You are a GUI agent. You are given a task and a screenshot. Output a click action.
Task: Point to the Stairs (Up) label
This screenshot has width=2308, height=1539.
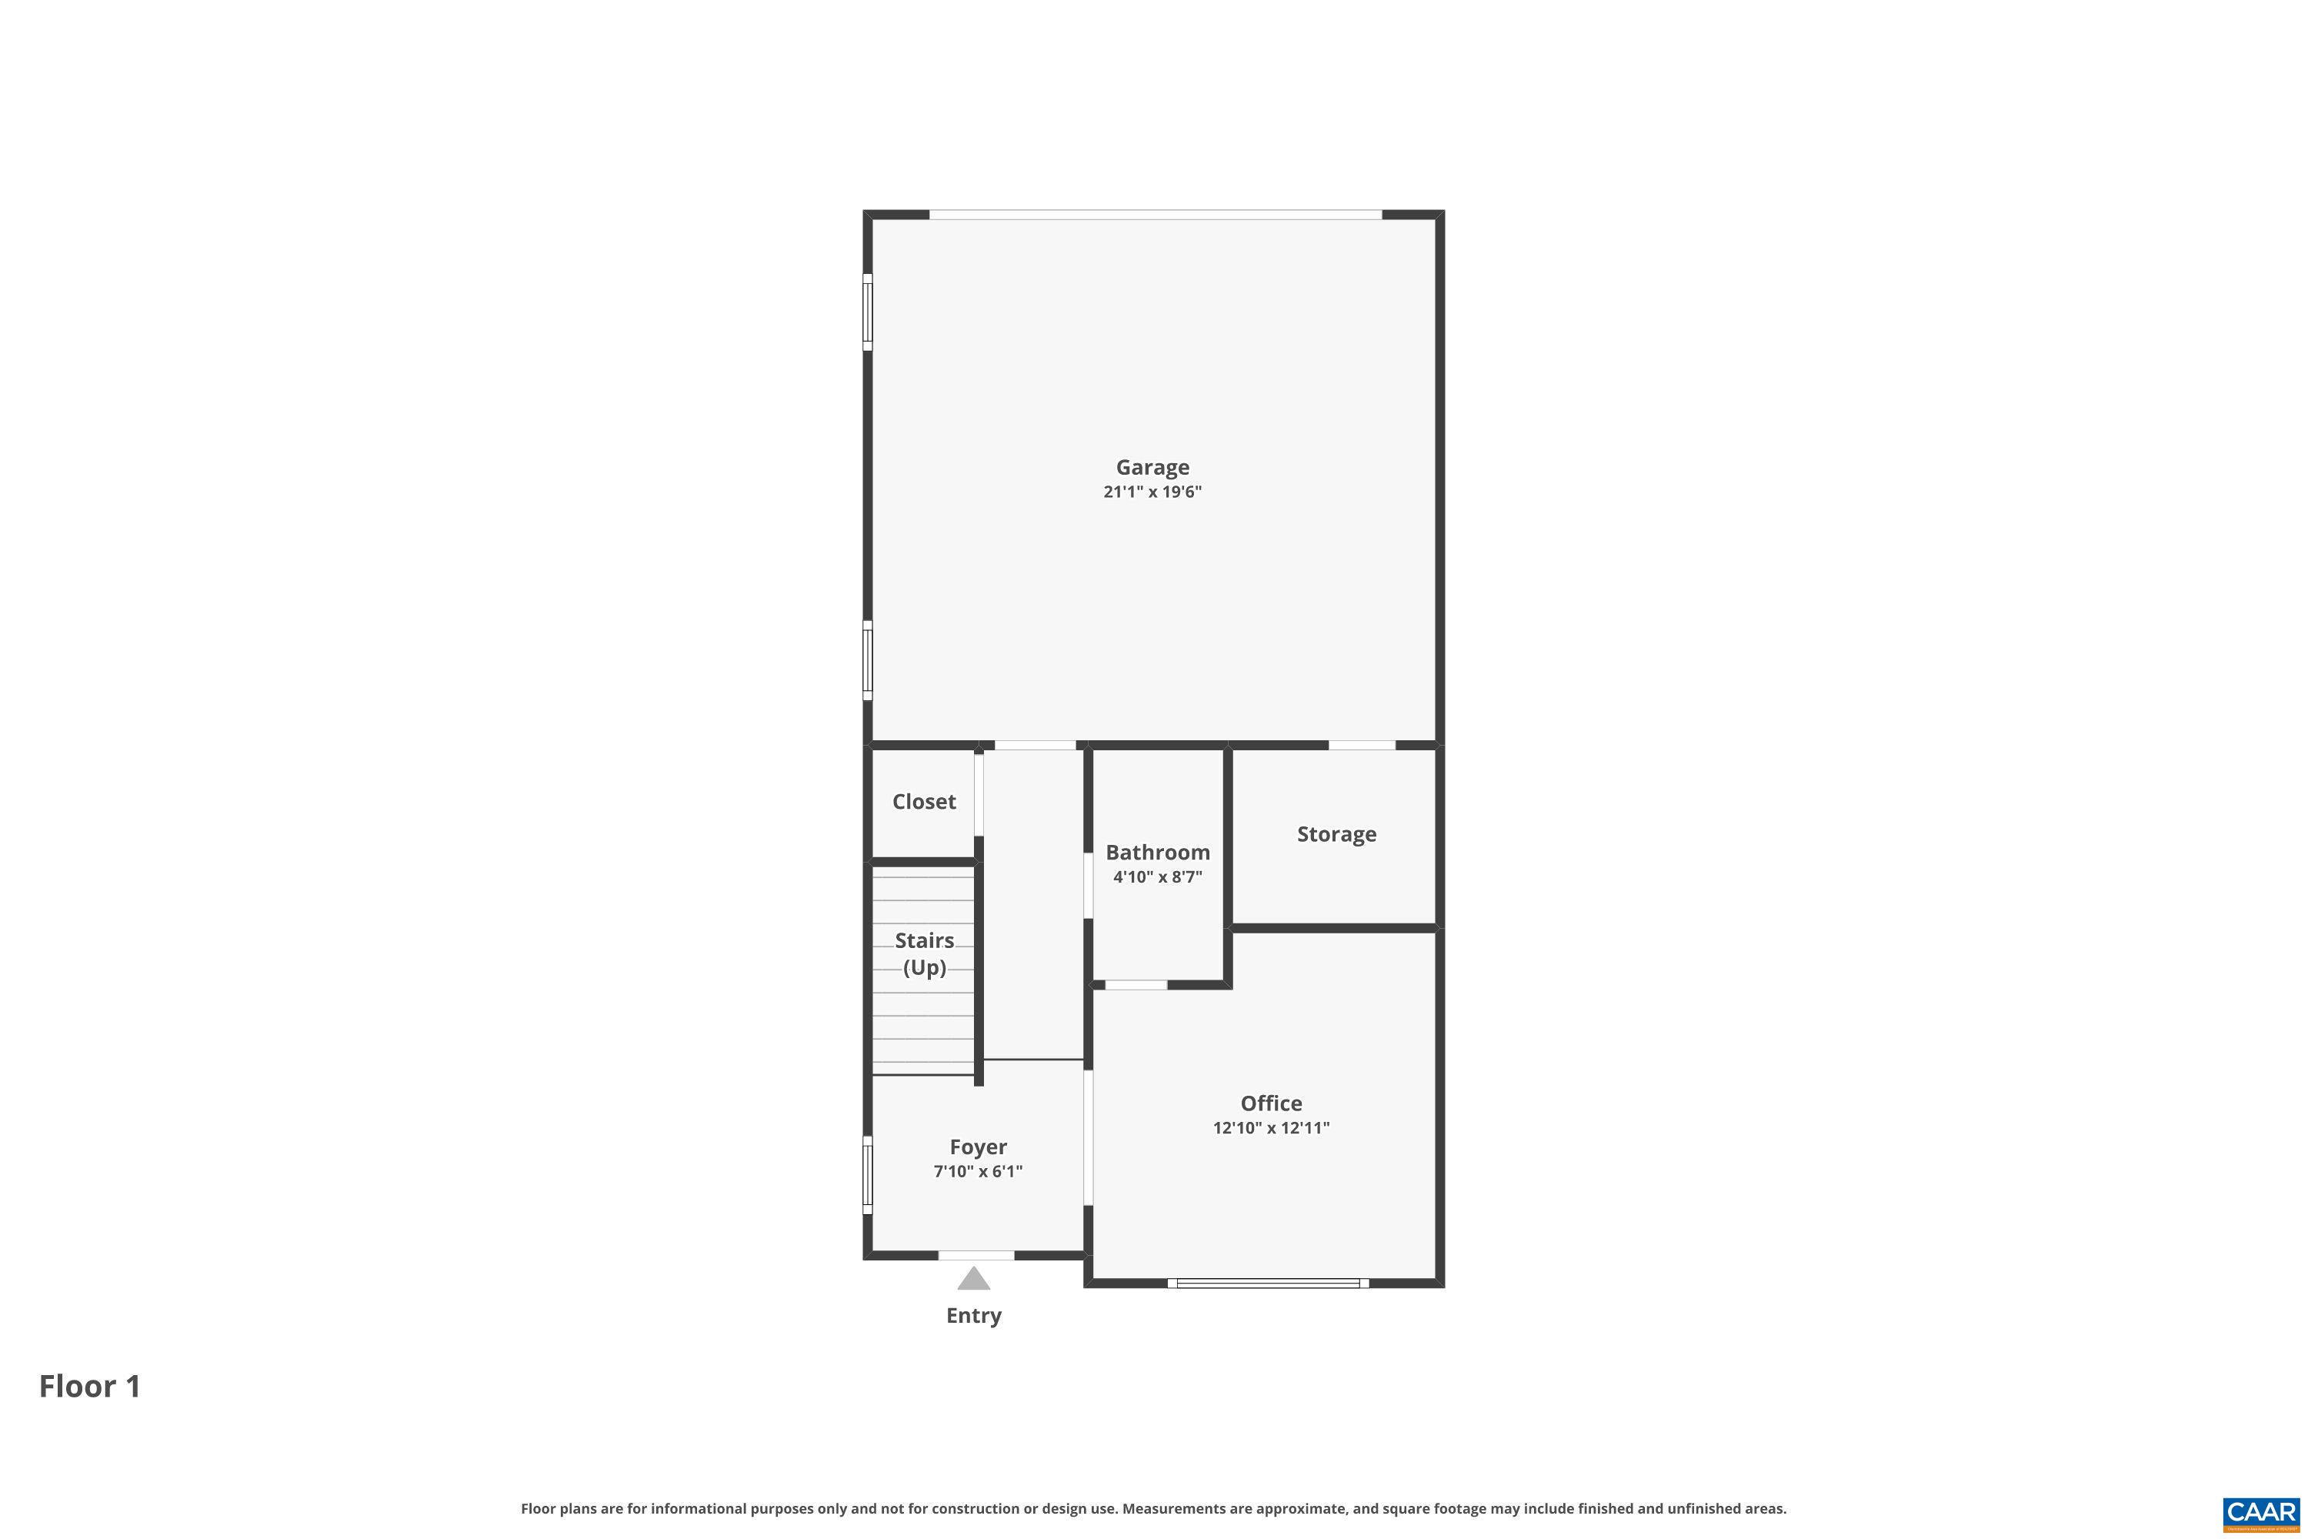925,954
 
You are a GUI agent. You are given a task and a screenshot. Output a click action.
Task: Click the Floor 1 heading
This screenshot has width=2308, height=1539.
90,1386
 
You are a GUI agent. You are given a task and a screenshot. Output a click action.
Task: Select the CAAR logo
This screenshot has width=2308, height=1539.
2262,1513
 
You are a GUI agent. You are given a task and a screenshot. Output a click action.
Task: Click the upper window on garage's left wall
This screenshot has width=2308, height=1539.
868,312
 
